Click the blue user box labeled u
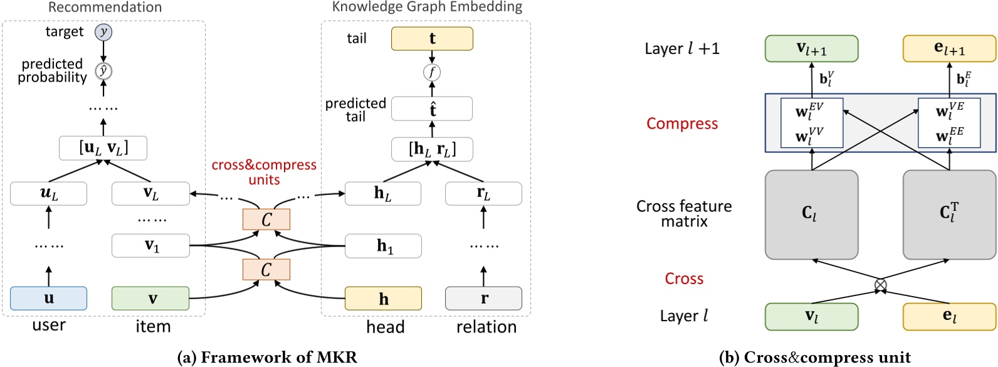[x=48, y=298]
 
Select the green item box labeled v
[x=150, y=298]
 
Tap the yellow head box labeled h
[x=383, y=299]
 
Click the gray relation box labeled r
[x=483, y=298]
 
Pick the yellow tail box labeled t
[x=432, y=39]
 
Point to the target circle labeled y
[x=103, y=31]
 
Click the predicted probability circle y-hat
[x=103, y=71]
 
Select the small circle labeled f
[x=431, y=72]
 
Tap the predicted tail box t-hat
[x=432, y=109]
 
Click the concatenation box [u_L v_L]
[x=103, y=148]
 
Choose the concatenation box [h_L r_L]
[x=432, y=149]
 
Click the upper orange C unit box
[x=266, y=220]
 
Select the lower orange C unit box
[x=266, y=269]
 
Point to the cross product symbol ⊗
[x=880, y=285]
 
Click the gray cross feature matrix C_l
[x=811, y=214]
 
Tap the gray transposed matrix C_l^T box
[x=949, y=214]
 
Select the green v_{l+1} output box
[x=811, y=49]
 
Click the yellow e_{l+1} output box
[x=949, y=49]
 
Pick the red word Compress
[x=682, y=124]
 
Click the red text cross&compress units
[x=264, y=172]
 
